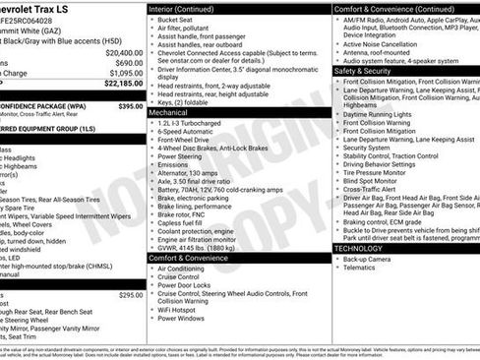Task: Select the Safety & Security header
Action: [364, 71]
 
